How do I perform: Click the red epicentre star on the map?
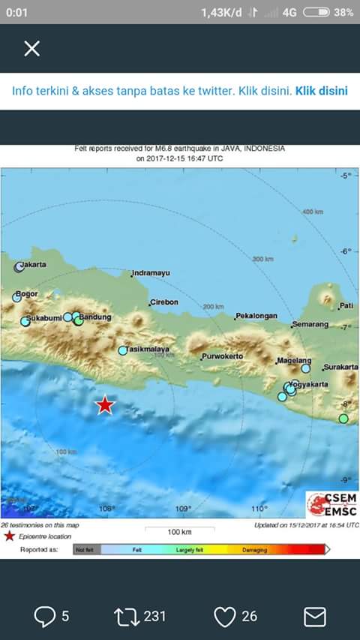(105, 405)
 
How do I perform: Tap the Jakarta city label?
(34, 264)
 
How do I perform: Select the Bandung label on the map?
(95, 317)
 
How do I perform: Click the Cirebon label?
(164, 302)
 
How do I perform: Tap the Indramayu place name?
(151, 274)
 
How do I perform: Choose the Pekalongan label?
(256, 317)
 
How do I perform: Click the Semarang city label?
(310, 324)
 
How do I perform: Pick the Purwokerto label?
(222, 356)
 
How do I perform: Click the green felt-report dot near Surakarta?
(343, 419)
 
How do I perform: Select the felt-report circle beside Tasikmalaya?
(123, 350)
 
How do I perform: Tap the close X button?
(31, 49)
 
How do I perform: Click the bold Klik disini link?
(322, 92)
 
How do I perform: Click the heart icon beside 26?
(225, 617)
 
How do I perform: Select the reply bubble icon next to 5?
(46, 617)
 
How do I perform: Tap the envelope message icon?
(314, 617)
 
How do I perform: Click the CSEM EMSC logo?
(331, 503)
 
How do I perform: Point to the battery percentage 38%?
(343, 12)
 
